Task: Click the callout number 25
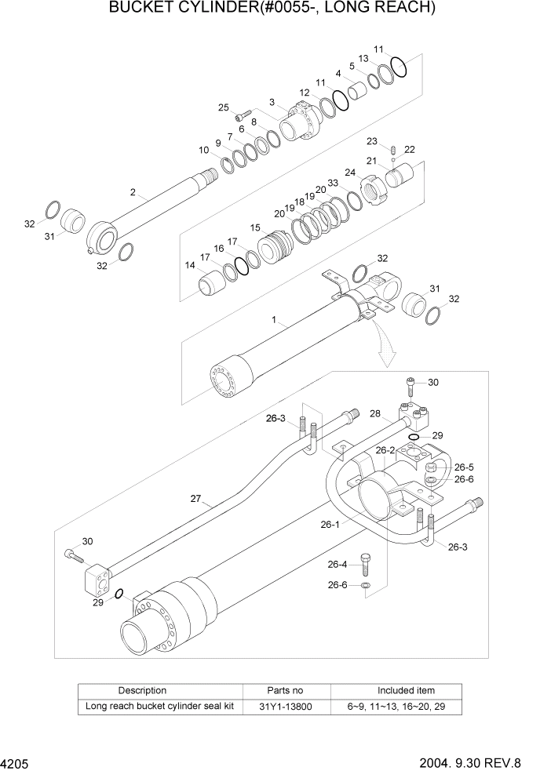point(223,107)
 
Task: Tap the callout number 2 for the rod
point(133,192)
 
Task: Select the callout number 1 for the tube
point(274,320)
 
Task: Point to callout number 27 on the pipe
point(197,498)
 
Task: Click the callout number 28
point(375,413)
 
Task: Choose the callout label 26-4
point(338,564)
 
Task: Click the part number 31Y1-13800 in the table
point(286,706)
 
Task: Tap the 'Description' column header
point(142,690)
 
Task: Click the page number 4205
point(16,763)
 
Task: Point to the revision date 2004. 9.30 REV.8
point(481,763)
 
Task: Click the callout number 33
point(333,183)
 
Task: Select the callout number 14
point(190,266)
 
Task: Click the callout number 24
point(350,173)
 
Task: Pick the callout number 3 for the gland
point(271,101)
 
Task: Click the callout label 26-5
point(464,466)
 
